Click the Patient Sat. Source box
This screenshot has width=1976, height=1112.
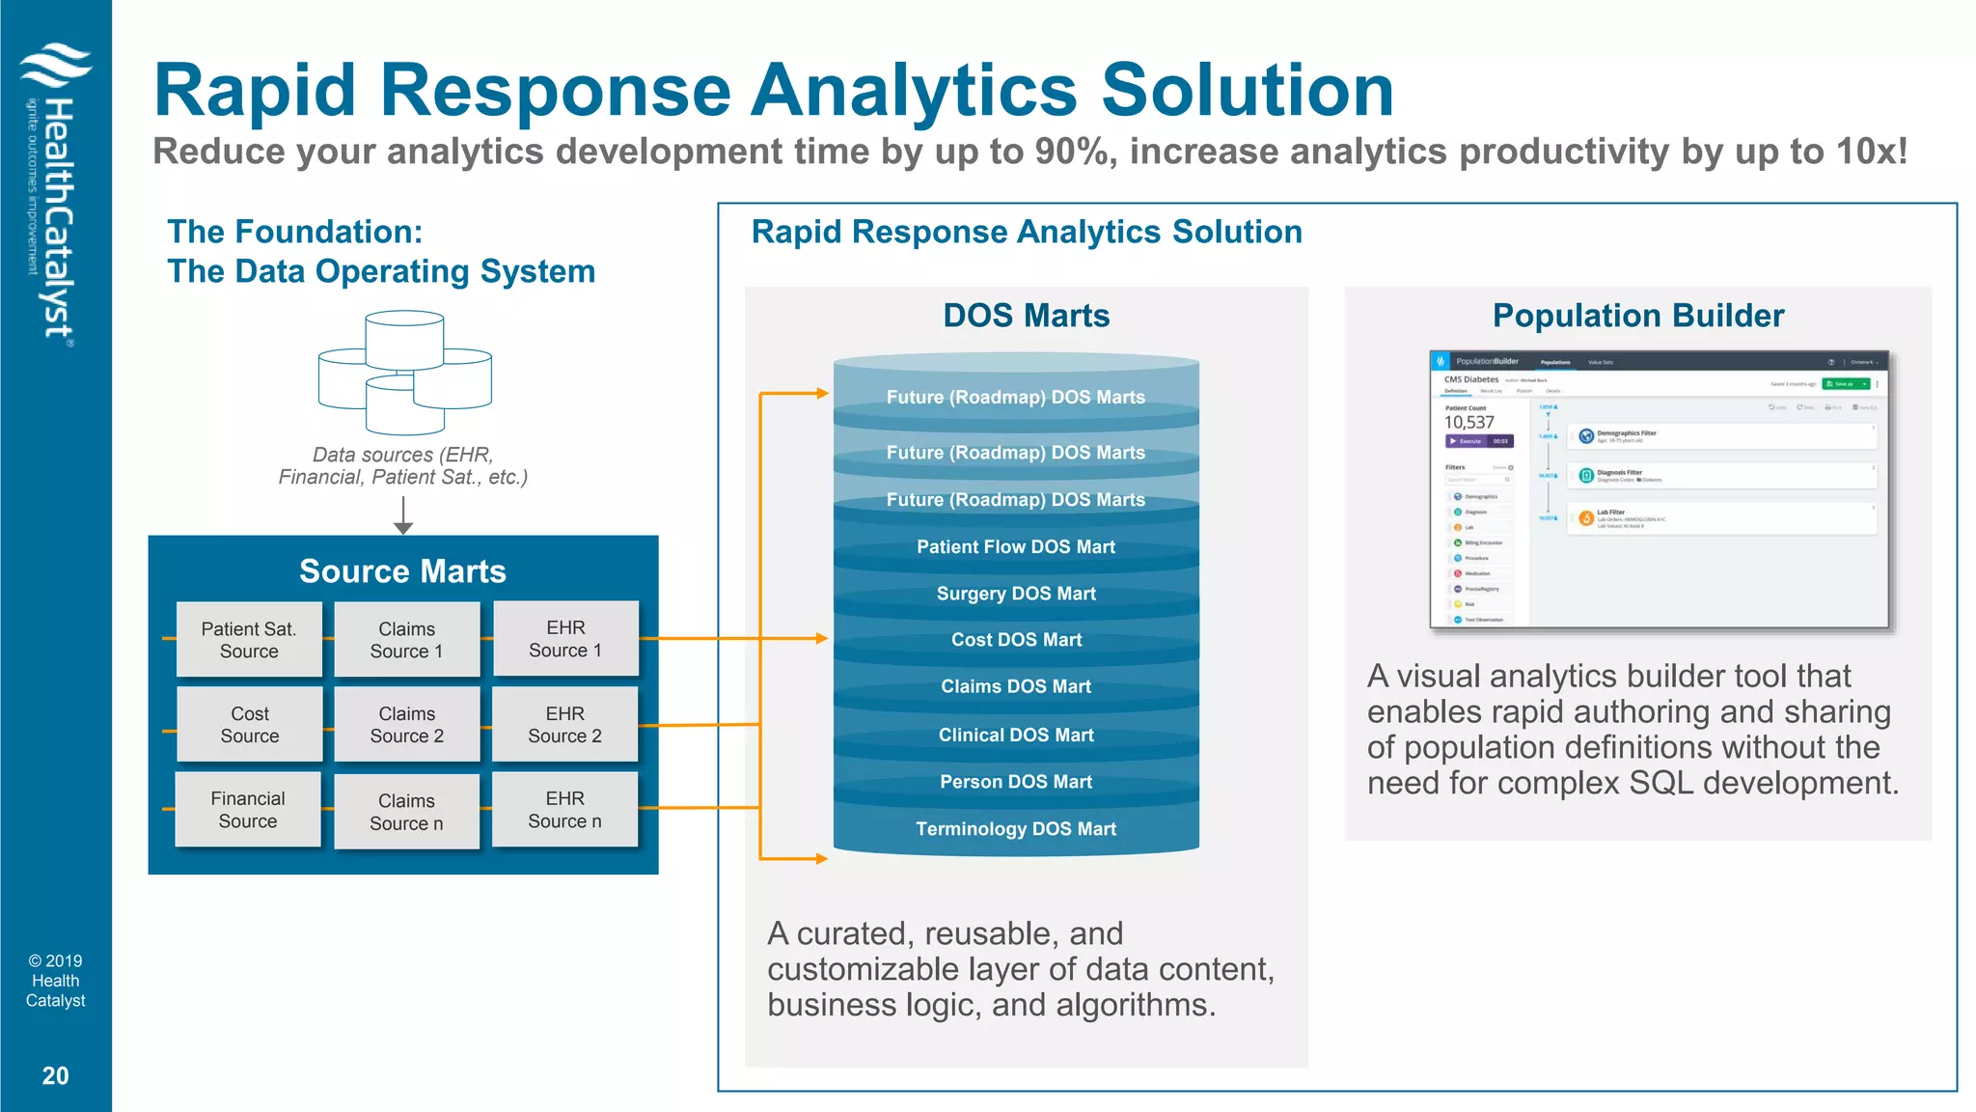click(249, 639)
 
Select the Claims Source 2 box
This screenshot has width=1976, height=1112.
click(406, 725)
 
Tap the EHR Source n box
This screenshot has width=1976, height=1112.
click(564, 810)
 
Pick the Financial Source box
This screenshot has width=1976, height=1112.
click(248, 810)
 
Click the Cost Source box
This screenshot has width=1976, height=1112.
click(249, 725)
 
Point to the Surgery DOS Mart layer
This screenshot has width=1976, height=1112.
click(1016, 594)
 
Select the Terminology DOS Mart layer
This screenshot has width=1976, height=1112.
click(1016, 828)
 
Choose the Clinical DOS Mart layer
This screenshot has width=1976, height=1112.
click(1016, 735)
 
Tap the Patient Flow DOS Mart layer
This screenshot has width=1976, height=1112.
click(1016, 546)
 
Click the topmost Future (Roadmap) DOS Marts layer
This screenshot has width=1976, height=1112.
click(1016, 397)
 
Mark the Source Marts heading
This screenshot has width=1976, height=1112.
click(402, 571)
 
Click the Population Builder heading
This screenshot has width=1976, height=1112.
click(1637, 316)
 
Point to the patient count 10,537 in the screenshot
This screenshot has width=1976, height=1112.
click(1468, 422)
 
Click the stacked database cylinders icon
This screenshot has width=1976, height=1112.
click(405, 372)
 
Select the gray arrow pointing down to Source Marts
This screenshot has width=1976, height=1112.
click(403, 515)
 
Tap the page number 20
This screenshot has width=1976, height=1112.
click(55, 1075)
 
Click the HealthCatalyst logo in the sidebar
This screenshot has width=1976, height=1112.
click(55, 193)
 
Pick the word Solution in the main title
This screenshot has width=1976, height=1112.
click(1248, 90)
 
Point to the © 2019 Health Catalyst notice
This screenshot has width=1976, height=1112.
click(55, 981)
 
